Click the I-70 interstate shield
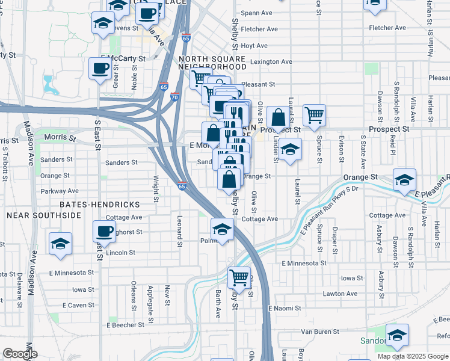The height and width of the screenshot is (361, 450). tap(174, 96)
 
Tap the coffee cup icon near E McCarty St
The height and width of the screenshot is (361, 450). tap(99, 67)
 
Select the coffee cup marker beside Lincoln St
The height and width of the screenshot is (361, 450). tap(104, 231)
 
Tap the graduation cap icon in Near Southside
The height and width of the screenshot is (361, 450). tap(60, 243)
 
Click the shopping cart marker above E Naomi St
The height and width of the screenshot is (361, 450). tap(239, 278)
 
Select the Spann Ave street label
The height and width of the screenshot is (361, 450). tap(256, 13)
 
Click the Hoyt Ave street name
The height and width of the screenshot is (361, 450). tap(254, 46)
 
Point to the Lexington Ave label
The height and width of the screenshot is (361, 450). tap(271, 61)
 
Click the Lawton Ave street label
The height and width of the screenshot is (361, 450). tap(341, 294)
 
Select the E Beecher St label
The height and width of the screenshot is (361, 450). tap(126, 325)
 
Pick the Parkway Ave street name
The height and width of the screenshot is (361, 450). tap(60, 191)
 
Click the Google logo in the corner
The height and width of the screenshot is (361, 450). tap(20, 354)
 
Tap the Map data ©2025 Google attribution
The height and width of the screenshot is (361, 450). tap(412, 356)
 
